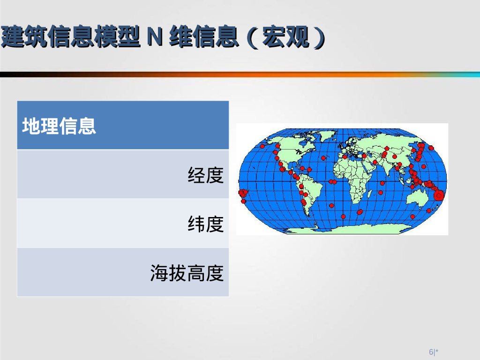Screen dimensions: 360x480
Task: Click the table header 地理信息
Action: click(59, 126)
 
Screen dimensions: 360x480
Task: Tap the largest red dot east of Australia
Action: click(439, 196)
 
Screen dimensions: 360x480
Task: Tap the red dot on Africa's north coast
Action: click(345, 157)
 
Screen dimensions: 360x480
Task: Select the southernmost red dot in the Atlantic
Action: click(343, 217)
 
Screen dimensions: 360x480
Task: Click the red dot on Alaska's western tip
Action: click(262, 146)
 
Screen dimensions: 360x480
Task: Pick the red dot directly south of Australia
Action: click(412, 217)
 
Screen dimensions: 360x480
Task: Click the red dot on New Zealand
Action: click(429, 211)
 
